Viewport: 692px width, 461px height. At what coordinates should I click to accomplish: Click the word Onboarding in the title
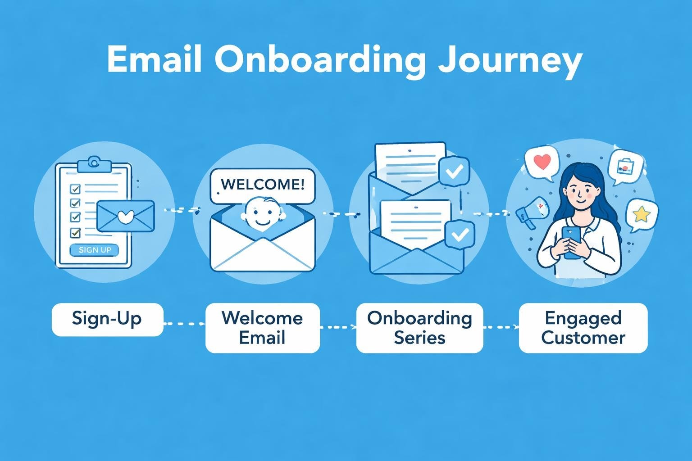coord(319,61)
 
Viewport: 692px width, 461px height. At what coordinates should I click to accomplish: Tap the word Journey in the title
coord(510,61)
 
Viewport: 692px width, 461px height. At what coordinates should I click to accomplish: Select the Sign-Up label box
coord(107,319)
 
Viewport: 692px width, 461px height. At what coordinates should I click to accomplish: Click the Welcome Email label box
coord(262,328)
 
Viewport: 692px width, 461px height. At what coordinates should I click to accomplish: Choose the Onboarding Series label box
coord(419,328)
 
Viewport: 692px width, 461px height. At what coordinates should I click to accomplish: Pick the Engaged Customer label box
coord(583,328)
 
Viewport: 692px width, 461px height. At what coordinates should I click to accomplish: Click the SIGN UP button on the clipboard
coord(95,250)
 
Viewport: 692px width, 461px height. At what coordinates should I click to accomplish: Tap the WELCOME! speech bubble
coord(263,185)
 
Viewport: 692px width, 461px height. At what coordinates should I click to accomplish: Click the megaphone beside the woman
coord(532,211)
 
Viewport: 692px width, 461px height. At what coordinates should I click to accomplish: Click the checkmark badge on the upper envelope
coord(454,171)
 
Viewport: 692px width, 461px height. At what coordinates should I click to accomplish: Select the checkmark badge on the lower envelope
coord(459,235)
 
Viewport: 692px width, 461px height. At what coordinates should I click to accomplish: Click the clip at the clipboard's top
coord(94,163)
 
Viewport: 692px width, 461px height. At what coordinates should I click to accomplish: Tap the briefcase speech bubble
coord(625,168)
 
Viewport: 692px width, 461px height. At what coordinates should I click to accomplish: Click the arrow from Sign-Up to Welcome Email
coord(184,324)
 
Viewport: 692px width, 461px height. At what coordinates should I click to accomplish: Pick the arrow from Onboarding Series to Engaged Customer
coord(501,327)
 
